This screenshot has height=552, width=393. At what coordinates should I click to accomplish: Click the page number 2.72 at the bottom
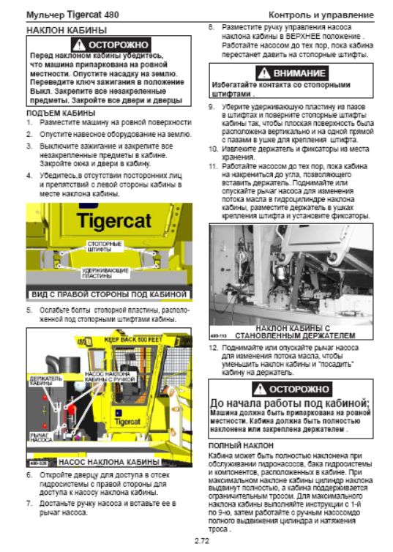(x=202, y=541)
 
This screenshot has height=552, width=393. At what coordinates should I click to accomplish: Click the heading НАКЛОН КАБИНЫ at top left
(x=67, y=30)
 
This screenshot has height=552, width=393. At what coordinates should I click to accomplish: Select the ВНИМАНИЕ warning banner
(x=292, y=73)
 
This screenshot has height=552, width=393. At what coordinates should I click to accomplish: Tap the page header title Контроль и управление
(x=321, y=15)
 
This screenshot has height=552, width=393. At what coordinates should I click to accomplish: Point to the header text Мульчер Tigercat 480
(x=73, y=15)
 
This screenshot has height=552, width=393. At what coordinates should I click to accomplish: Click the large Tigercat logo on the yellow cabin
(x=114, y=221)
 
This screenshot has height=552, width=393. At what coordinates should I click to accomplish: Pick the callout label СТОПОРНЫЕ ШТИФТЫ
(x=105, y=247)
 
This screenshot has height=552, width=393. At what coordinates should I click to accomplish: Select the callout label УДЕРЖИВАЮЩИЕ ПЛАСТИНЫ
(x=105, y=273)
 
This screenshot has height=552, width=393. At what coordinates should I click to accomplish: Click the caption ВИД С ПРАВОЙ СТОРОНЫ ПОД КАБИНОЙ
(x=109, y=294)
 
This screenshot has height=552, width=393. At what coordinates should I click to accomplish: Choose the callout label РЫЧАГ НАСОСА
(x=41, y=437)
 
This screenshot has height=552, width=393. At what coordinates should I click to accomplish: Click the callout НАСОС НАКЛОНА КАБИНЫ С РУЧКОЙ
(x=110, y=377)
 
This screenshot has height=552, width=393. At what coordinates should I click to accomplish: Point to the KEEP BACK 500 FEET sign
(x=133, y=340)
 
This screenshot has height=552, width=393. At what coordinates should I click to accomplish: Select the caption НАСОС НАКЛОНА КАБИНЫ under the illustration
(x=109, y=462)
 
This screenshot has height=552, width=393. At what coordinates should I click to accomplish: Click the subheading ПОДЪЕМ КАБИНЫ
(x=61, y=113)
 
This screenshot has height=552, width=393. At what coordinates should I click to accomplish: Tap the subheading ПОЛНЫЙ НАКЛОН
(x=241, y=446)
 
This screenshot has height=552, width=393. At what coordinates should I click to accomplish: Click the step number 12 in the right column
(x=213, y=348)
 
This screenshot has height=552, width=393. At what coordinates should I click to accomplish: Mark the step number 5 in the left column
(x=29, y=310)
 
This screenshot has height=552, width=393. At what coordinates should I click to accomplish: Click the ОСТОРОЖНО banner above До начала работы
(x=292, y=389)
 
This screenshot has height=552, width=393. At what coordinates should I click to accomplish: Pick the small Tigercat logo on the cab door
(x=127, y=422)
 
